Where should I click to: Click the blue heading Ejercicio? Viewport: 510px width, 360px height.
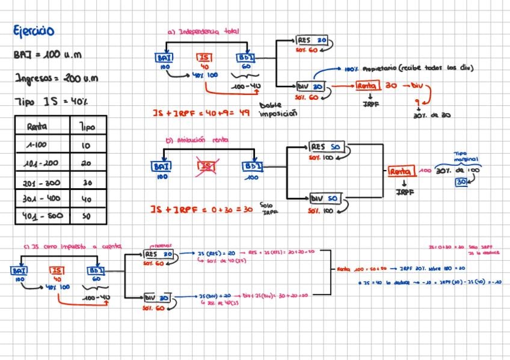click(x=34, y=31)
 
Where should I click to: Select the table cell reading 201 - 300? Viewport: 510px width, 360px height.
click(x=42, y=182)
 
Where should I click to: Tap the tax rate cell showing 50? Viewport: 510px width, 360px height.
click(x=87, y=216)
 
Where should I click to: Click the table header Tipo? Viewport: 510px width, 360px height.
click(x=87, y=127)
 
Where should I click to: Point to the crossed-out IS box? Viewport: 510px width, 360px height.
click(x=206, y=166)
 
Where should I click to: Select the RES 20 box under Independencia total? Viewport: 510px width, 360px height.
click(x=312, y=40)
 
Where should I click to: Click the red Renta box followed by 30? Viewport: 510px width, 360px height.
click(x=366, y=86)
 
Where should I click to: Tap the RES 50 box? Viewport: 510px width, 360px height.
click(x=325, y=147)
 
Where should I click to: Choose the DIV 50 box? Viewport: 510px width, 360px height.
click(x=325, y=199)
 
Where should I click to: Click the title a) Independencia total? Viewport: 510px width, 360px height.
click(x=203, y=31)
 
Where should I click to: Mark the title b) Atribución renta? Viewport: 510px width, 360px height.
click(x=193, y=141)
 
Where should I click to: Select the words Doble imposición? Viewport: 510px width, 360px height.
click(x=278, y=109)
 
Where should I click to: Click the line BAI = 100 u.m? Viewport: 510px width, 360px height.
click(x=47, y=55)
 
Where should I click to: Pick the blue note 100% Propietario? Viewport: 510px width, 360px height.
click(x=410, y=69)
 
